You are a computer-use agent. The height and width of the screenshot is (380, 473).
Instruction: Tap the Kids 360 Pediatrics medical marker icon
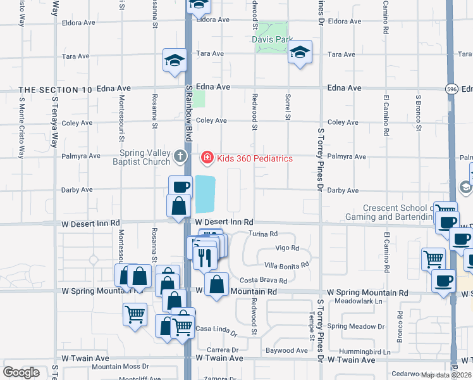tap(207, 157)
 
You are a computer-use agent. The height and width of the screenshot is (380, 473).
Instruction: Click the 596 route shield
tap(450, 89)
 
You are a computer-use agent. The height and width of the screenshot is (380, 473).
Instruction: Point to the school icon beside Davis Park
tap(300, 53)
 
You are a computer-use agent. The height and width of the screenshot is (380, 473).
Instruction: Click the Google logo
tap(21, 372)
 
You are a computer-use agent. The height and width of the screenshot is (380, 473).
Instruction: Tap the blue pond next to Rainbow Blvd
tap(206, 194)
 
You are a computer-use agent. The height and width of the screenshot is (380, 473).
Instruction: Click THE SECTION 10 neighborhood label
tap(56, 90)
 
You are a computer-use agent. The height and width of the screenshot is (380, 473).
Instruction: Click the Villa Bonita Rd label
tap(286, 265)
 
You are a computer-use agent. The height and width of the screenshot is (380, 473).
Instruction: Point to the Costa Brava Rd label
tap(263, 281)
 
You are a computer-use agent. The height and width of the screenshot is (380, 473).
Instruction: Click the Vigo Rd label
tap(286, 248)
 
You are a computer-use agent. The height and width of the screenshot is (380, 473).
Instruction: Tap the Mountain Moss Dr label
tap(120, 367)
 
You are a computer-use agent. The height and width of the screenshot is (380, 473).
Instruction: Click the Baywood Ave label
tap(286, 350)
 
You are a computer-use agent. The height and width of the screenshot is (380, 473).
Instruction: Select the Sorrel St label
tap(287, 108)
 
